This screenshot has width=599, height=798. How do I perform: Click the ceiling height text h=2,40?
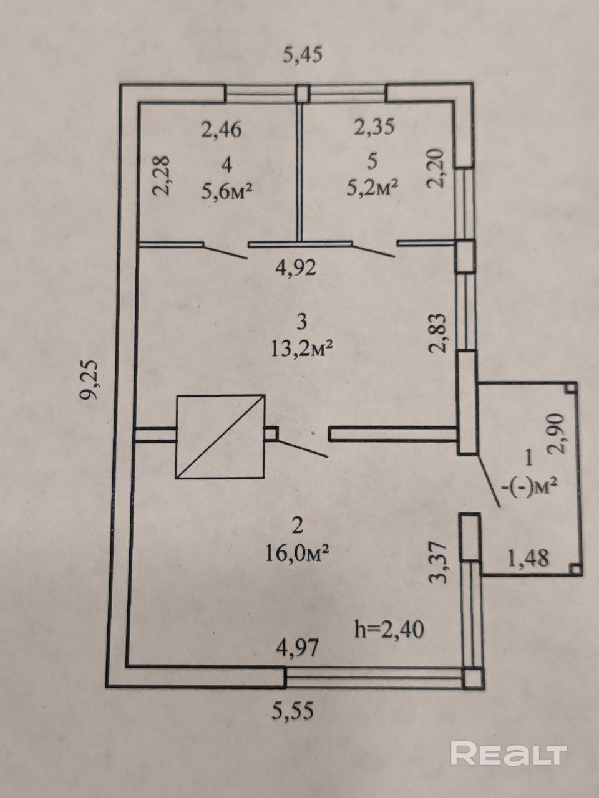389,628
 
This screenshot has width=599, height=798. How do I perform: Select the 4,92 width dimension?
296,268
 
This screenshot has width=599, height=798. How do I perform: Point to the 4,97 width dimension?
298,648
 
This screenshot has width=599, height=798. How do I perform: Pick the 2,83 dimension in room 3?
440,334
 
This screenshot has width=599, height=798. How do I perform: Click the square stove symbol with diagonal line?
220,436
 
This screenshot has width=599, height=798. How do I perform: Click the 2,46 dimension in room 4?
220,130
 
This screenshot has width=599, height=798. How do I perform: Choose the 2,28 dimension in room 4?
160,176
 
